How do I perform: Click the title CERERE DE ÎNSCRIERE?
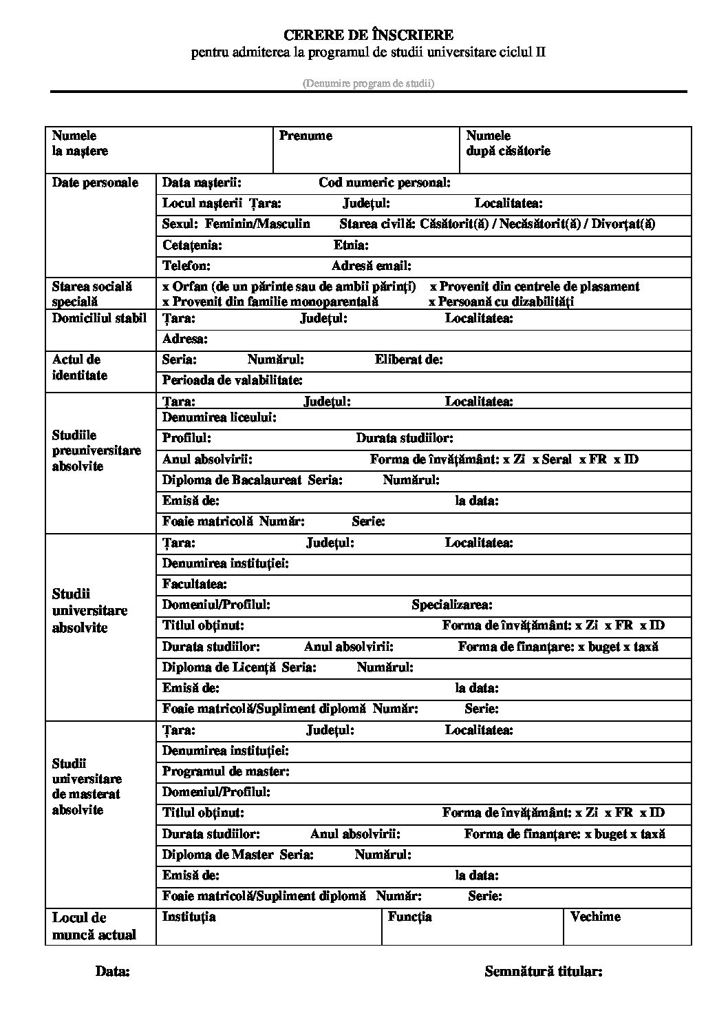pos(368,34)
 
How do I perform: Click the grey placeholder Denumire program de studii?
pos(368,83)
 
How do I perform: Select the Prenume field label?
pos(306,136)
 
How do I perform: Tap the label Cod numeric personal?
pos(385,183)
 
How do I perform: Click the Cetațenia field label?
pos(192,244)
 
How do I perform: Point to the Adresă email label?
pos(372,265)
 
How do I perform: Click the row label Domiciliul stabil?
pos(100,318)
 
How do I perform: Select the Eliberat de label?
pos(409,359)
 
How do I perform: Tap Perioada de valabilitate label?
pos(233,379)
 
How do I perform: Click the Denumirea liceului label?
pos(220,417)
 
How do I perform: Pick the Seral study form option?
pos(553,459)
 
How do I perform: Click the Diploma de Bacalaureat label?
pos(232,480)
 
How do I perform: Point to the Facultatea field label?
pos(195,584)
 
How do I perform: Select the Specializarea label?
pos(452,605)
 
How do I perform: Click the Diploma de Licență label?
pos(219,667)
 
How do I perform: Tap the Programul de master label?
pos(226,771)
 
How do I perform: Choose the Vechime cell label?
pos(595,916)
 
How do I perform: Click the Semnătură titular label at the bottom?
pos(544,972)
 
